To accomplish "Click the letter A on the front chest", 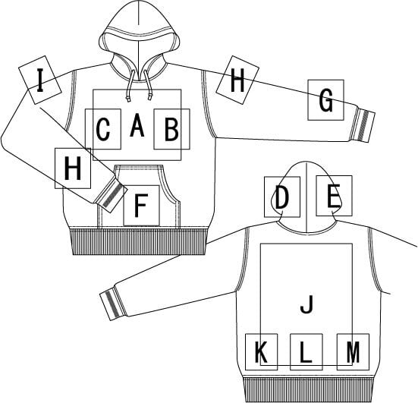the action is pyautogui.click(x=137, y=125).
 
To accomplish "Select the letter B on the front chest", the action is pyautogui.click(x=171, y=129).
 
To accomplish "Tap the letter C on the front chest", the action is pyautogui.click(x=103, y=129).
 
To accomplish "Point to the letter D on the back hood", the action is pyautogui.click(x=281, y=197).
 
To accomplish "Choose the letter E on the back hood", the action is pyautogui.click(x=333, y=196).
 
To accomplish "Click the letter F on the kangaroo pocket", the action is pyautogui.click(x=141, y=206).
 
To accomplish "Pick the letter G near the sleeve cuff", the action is pyautogui.click(x=325, y=100).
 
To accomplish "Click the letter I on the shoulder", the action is pyautogui.click(x=40, y=80).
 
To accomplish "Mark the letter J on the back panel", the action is pyautogui.click(x=306, y=304).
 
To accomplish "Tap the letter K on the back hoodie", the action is pyautogui.click(x=261, y=352).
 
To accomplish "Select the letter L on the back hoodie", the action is pyautogui.click(x=306, y=352).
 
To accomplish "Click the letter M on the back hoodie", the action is pyautogui.click(x=353, y=352).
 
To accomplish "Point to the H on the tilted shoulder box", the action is pyautogui.click(x=237, y=80).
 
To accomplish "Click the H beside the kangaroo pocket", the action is pyautogui.click(x=73, y=168).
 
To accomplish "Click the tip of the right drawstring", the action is pyautogui.click(x=149, y=98).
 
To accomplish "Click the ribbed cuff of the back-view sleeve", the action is pyautogui.click(x=113, y=304).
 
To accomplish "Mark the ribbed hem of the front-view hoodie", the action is pyautogui.click(x=138, y=241).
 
